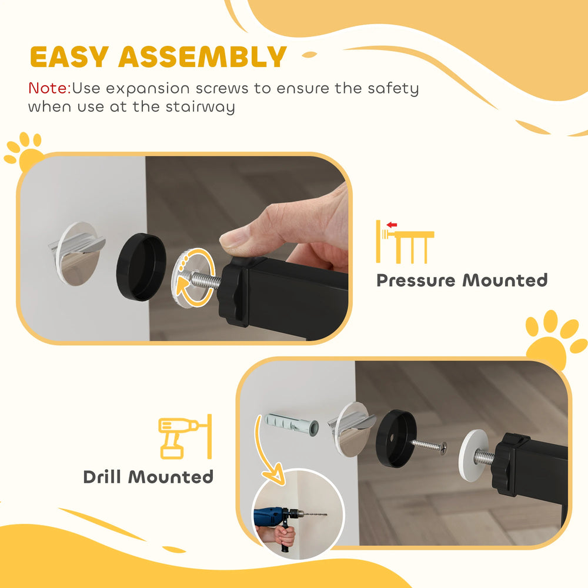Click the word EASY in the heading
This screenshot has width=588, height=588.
(70, 57)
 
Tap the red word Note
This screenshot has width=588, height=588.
(49, 89)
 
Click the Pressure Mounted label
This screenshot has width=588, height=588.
(462, 280)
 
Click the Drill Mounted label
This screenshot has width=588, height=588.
(148, 476)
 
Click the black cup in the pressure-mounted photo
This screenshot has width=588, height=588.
(141, 267)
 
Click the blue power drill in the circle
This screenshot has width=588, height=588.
(276, 516)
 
